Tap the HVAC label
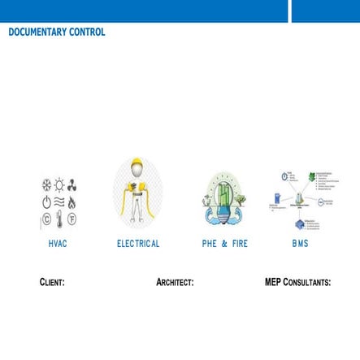click(x=58, y=244)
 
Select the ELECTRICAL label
click(x=138, y=244)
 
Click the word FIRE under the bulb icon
click(x=240, y=244)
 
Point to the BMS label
click(x=301, y=244)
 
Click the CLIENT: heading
click(x=52, y=283)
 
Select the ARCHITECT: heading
click(x=175, y=283)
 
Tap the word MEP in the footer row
click(x=273, y=283)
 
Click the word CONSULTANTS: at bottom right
click(x=307, y=283)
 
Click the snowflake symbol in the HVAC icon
click(x=46, y=185)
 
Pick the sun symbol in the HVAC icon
click(x=59, y=185)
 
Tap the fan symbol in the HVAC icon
click(x=72, y=185)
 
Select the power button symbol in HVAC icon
click(x=46, y=202)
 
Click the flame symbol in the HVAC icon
click(x=72, y=202)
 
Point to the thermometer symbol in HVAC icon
click(x=59, y=219)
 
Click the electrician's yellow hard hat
click(x=137, y=164)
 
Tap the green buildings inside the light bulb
click(x=223, y=195)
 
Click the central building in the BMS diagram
click(x=300, y=200)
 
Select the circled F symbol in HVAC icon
click(x=72, y=219)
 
